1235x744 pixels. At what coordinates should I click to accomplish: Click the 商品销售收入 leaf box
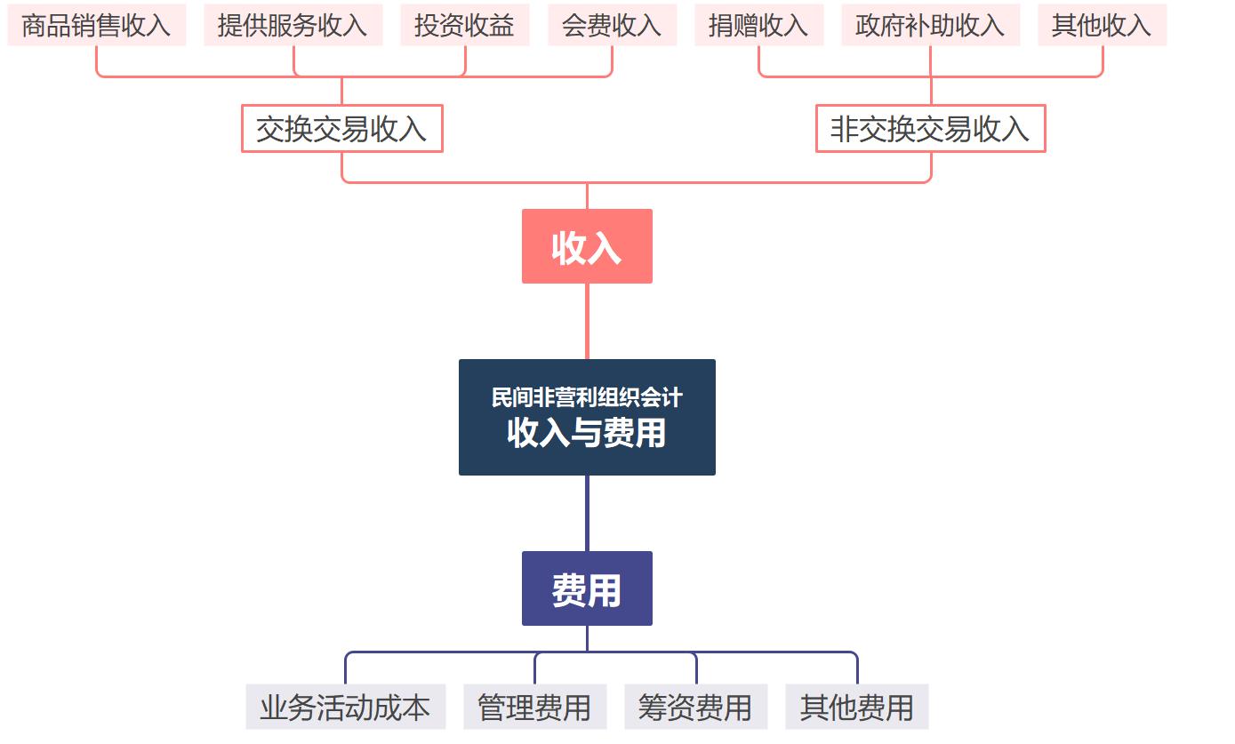pos(96,25)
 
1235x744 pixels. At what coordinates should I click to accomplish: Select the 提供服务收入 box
pos(293,25)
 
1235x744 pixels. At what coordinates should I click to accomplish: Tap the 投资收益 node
pos(464,25)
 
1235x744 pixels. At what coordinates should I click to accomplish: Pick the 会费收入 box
pos(612,25)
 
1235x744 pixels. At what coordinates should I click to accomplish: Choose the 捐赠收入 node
pos(758,25)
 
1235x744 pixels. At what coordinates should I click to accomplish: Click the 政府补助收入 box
pos(930,25)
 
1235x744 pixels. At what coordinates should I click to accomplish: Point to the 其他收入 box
pos(1102,25)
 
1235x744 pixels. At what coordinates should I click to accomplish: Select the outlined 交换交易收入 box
pos(342,129)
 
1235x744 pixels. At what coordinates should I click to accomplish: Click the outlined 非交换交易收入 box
pos(930,129)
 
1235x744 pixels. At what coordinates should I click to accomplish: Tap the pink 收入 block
pos(587,246)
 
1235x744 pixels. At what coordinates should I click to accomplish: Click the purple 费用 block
pos(587,588)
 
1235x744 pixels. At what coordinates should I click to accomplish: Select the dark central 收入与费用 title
pos(587,433)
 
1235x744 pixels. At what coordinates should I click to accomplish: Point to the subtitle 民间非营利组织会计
pos(587,396)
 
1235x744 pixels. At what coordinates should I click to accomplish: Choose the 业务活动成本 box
pos(345,707)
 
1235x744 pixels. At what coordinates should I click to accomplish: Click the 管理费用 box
pos(534,707)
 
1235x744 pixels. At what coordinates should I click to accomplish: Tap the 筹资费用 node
pos(695,707)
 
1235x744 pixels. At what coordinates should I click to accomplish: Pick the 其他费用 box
pos(856,707)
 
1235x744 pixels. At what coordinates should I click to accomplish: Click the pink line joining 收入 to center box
pos(587,321)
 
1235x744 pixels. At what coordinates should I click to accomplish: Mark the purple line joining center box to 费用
pos(587,513)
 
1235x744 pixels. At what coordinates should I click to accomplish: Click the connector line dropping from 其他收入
pos(1103,60)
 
